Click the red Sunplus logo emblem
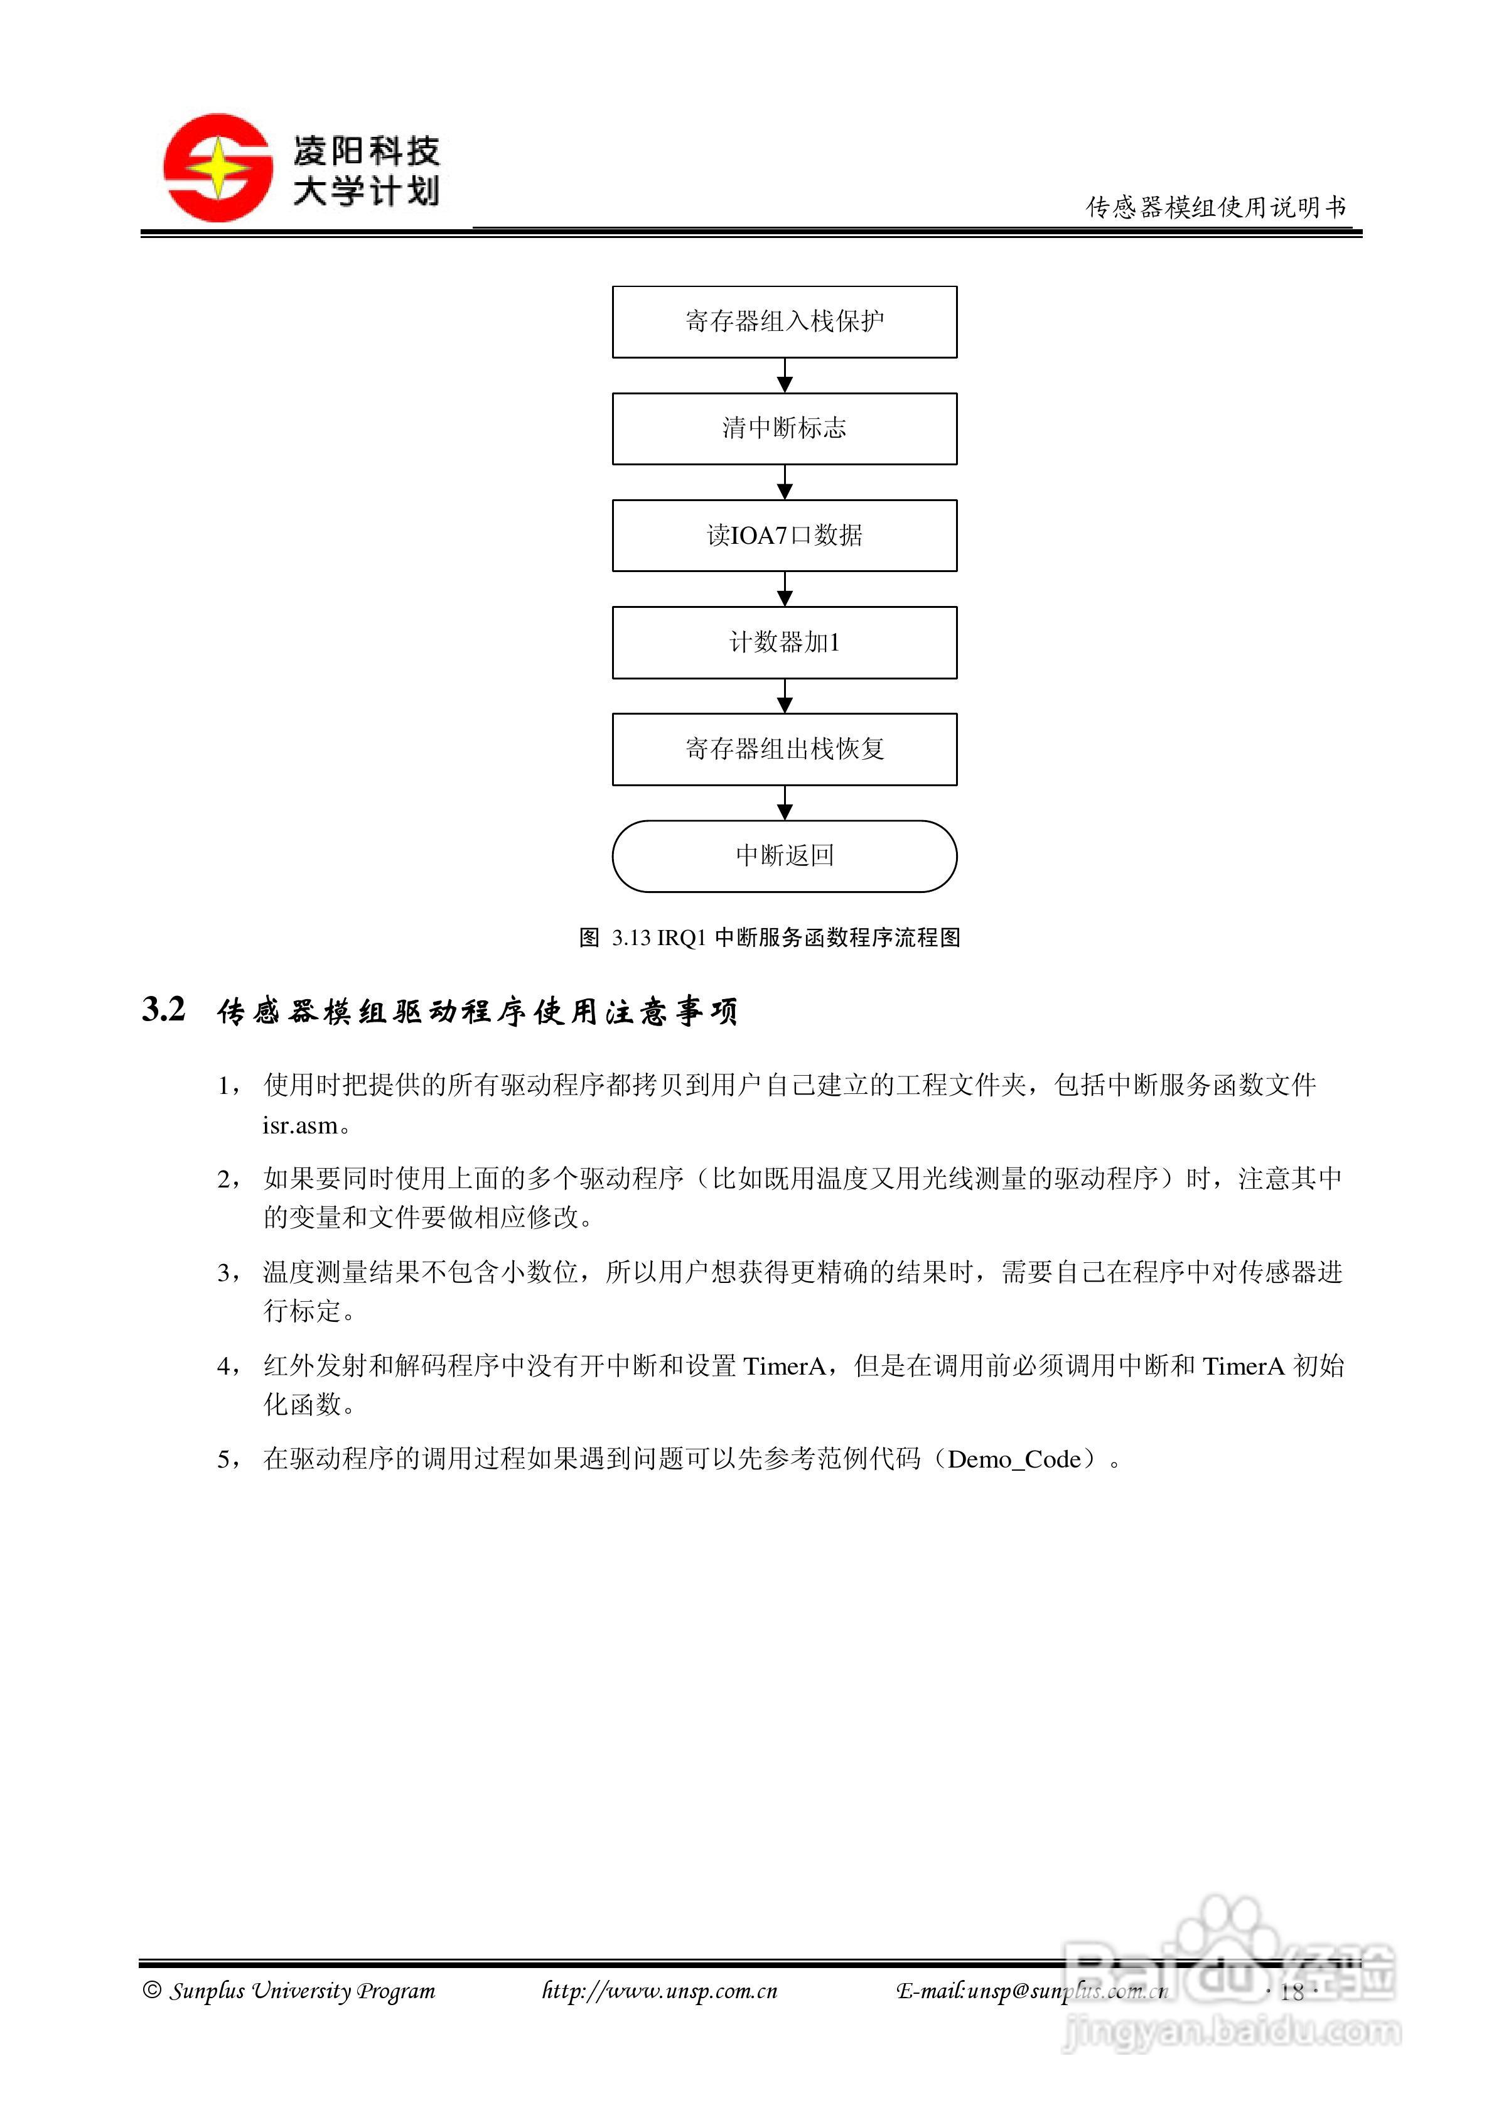pyautogui.click(x=217, y=168)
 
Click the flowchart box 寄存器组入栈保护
pyautogui.click(x=784, y=322)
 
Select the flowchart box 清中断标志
pyautogui.click(x=784, y=428)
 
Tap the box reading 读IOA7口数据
pyautogui.click(x=784, y=535)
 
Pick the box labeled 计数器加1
pyautogui.click(x=784, y=642)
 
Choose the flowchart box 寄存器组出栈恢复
pyautogui.click(x=784, y=749)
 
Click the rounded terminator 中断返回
pyautogui.click(x=784, y=856)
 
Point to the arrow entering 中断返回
pyautogui.click(x=785, y=803)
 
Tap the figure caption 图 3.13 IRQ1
pyautogui.click(x=769, y=938)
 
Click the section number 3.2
pyautogui.click(x=164, y=1010)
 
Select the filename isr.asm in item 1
pyautogui.click(x=300, y=1126)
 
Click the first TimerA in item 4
pyautogui.click(x=784, y=1366)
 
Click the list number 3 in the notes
pyautogui.click(x=224, y=1273)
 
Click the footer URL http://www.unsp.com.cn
pyautogui.click(x=660, y=1991)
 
